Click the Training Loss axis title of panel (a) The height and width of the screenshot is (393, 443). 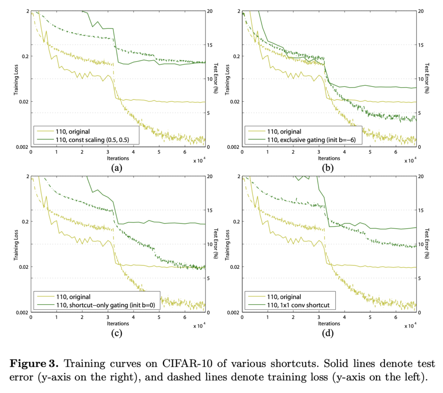[x=16, y=78]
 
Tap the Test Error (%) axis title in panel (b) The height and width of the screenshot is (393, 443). [x=427, y=78]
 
